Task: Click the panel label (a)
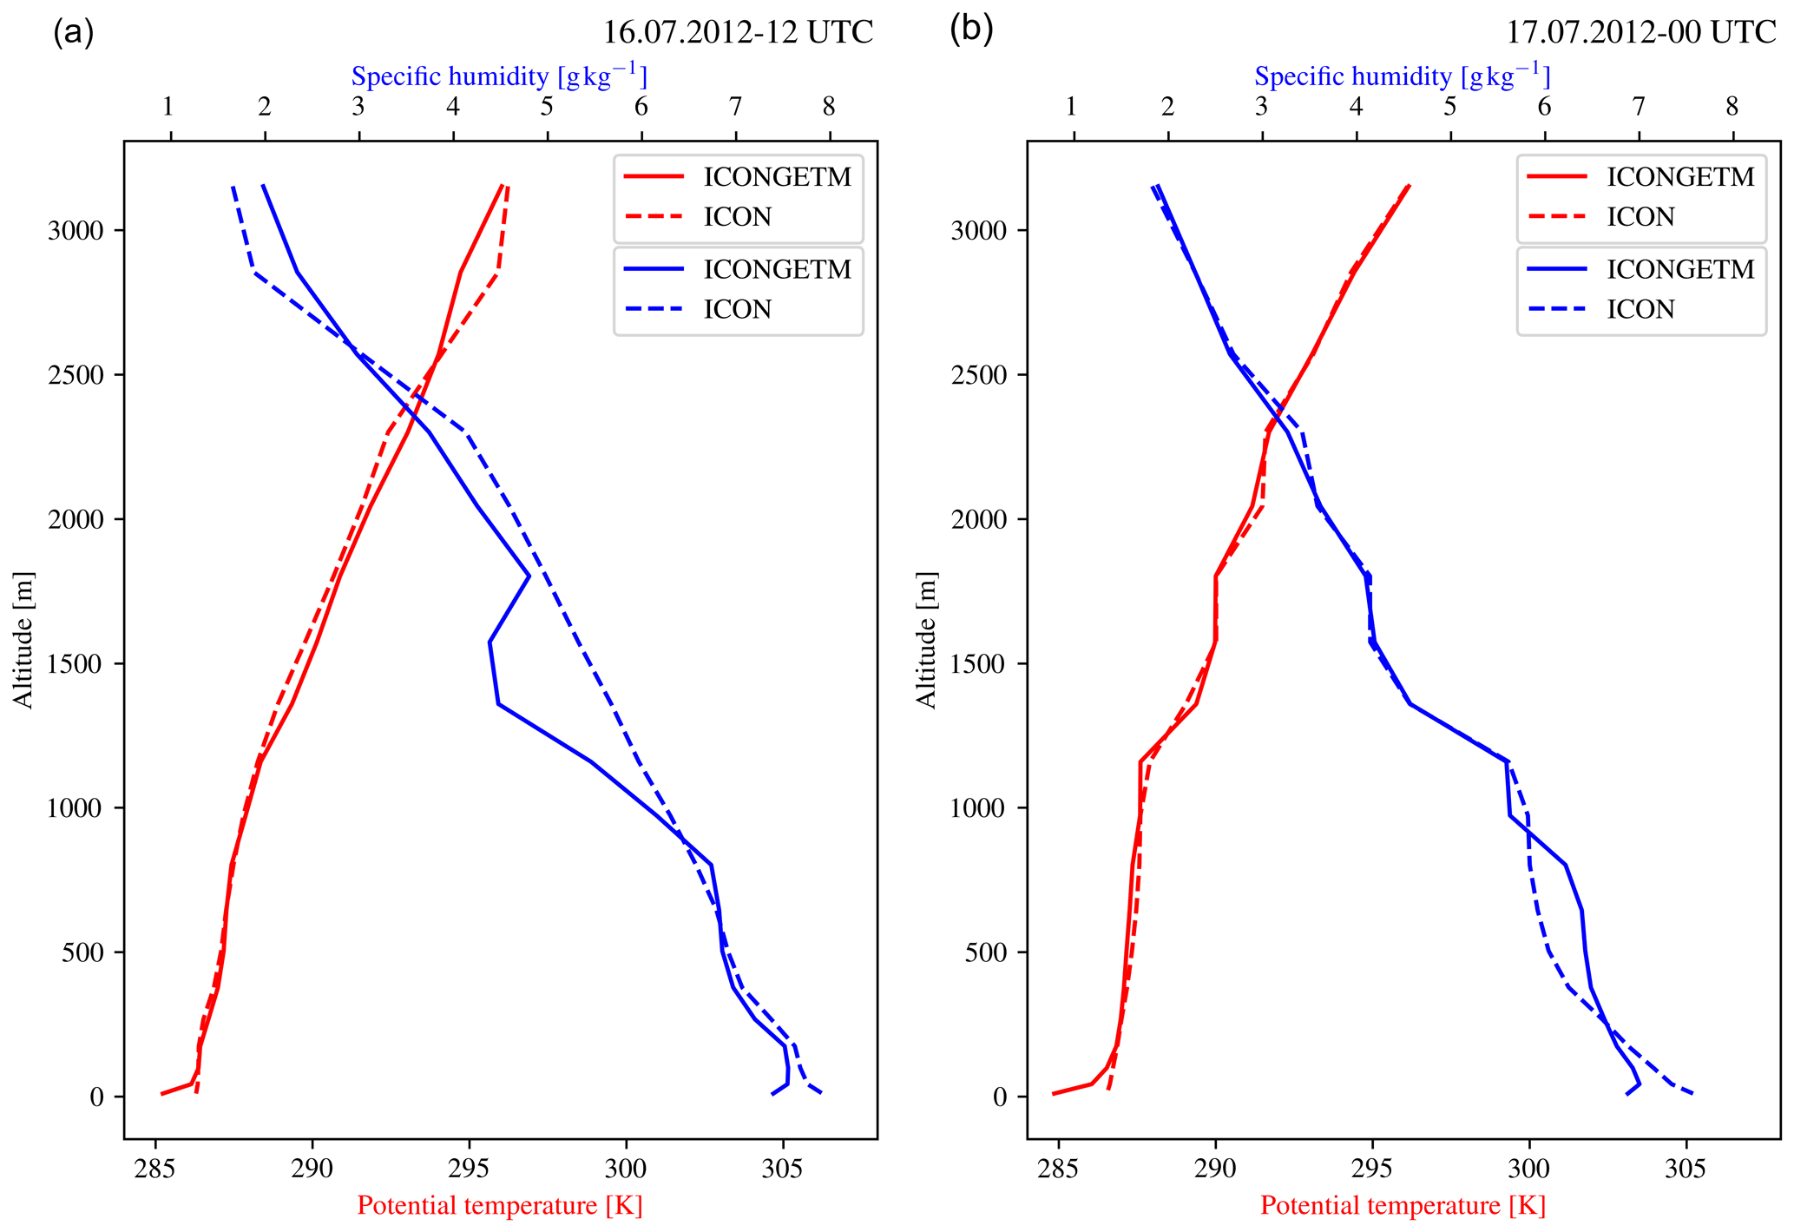click(73, 32)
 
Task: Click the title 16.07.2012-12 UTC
click(738, 32)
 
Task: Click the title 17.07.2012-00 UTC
click(1640, 32)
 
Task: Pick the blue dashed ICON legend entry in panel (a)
click(737, 309)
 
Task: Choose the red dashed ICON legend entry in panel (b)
click(1640, 216)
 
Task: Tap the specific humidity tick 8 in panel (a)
click(830, 107)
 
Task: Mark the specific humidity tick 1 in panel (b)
click(1073, 107)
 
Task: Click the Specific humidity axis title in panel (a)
click(499, 76)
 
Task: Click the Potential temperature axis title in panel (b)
click(1403, 1206)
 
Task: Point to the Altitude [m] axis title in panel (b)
click(927, 640)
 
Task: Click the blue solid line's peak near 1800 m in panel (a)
click(529, 576)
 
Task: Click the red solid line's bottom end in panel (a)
click(162, 1094)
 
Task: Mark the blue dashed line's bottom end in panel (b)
click(1692, 1093)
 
